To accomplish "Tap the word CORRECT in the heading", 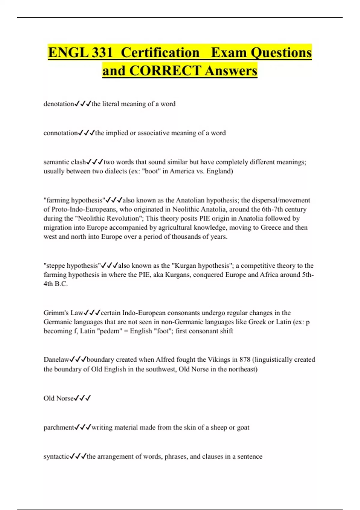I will tap(165, 71).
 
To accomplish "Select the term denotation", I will tap(59, 104).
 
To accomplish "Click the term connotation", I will tap(61, 133).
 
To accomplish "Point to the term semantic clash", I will tap(65, 162).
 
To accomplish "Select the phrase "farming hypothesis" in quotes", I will tap(74, 200).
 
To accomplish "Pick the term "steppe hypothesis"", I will tap(72, 266).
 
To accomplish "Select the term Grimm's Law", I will tap(63, 313).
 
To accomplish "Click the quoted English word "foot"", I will tap(162, 331).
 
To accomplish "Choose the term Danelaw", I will tap(56, 360).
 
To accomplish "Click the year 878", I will tap(245, 360).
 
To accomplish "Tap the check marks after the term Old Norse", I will tap(82, 398).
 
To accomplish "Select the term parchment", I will tap(59, 427).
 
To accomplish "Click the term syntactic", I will tap(56, 457).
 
